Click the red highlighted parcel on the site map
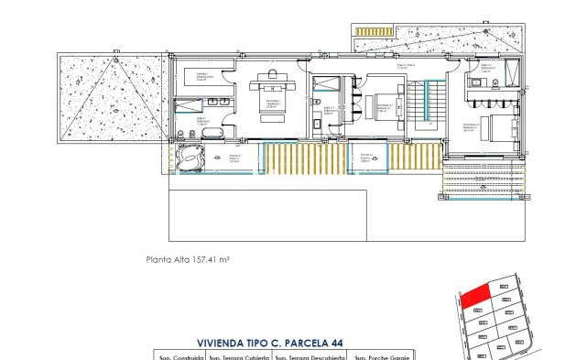pos(473,296)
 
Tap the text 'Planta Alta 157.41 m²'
pos(187,259)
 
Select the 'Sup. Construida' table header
pos(178,356)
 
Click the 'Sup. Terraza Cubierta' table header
pos(243,356)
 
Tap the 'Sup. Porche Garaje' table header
pos(382,356)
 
